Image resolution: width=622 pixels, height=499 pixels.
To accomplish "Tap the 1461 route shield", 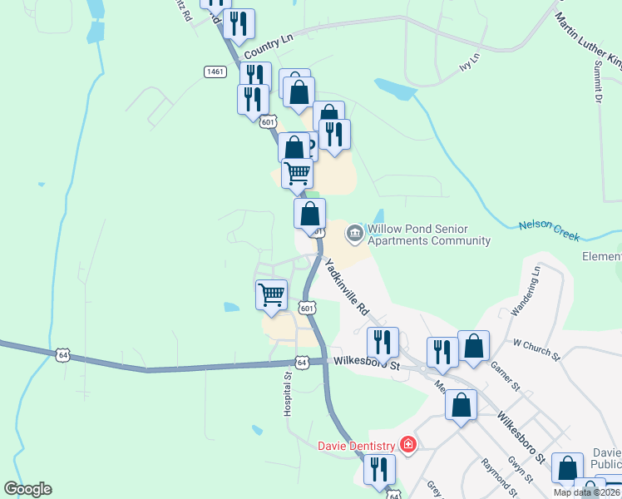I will click(215, 72).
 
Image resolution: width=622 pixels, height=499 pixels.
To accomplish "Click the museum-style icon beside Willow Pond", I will click(355, 231).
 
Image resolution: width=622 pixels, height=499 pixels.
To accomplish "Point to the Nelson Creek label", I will click(548, 229).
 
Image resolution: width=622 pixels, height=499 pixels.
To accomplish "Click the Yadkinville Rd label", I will click(347, 285).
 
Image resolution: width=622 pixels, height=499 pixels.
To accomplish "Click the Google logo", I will click(27, 489).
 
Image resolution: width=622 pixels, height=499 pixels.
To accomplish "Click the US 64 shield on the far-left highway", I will click(62, 355).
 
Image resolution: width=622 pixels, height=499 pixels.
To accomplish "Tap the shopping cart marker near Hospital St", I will click(271, 295).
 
